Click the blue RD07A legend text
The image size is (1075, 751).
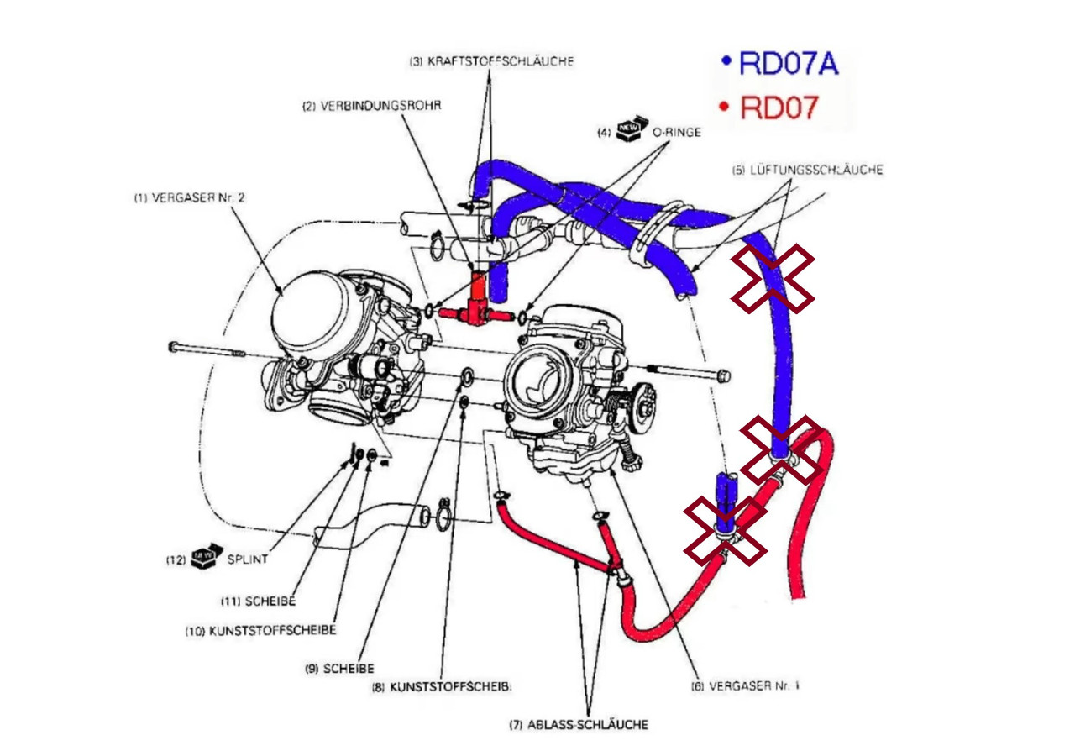tap(789, 63)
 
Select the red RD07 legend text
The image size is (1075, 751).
tap(779, 108)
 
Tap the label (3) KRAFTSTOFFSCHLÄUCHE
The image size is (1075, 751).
tap(491, 61)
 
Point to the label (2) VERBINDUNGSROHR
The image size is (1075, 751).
tap(371, 106)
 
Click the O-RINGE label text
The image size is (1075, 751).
tap(677, 132)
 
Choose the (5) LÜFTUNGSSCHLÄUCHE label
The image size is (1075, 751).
tap(807, 170)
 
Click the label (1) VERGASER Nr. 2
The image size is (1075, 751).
tap(190, 198)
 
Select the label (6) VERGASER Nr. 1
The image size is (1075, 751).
tap(745, 686)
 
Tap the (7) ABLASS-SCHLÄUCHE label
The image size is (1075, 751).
tap(579, 725)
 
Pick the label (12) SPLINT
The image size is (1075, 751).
tap(217, 559)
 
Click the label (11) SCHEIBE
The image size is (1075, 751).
tap(258, 601)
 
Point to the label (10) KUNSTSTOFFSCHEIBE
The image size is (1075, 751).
tap(260, 631)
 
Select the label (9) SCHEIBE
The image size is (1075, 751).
tap(339, 669)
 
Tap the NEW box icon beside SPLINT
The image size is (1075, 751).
tap(207, 556)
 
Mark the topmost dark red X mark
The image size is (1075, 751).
tap(772, 279)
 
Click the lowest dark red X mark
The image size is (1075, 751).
tap(725, 531)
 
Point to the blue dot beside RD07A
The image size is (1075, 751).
tap(726, 61)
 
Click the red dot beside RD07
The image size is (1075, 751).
tap(725, 106)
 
